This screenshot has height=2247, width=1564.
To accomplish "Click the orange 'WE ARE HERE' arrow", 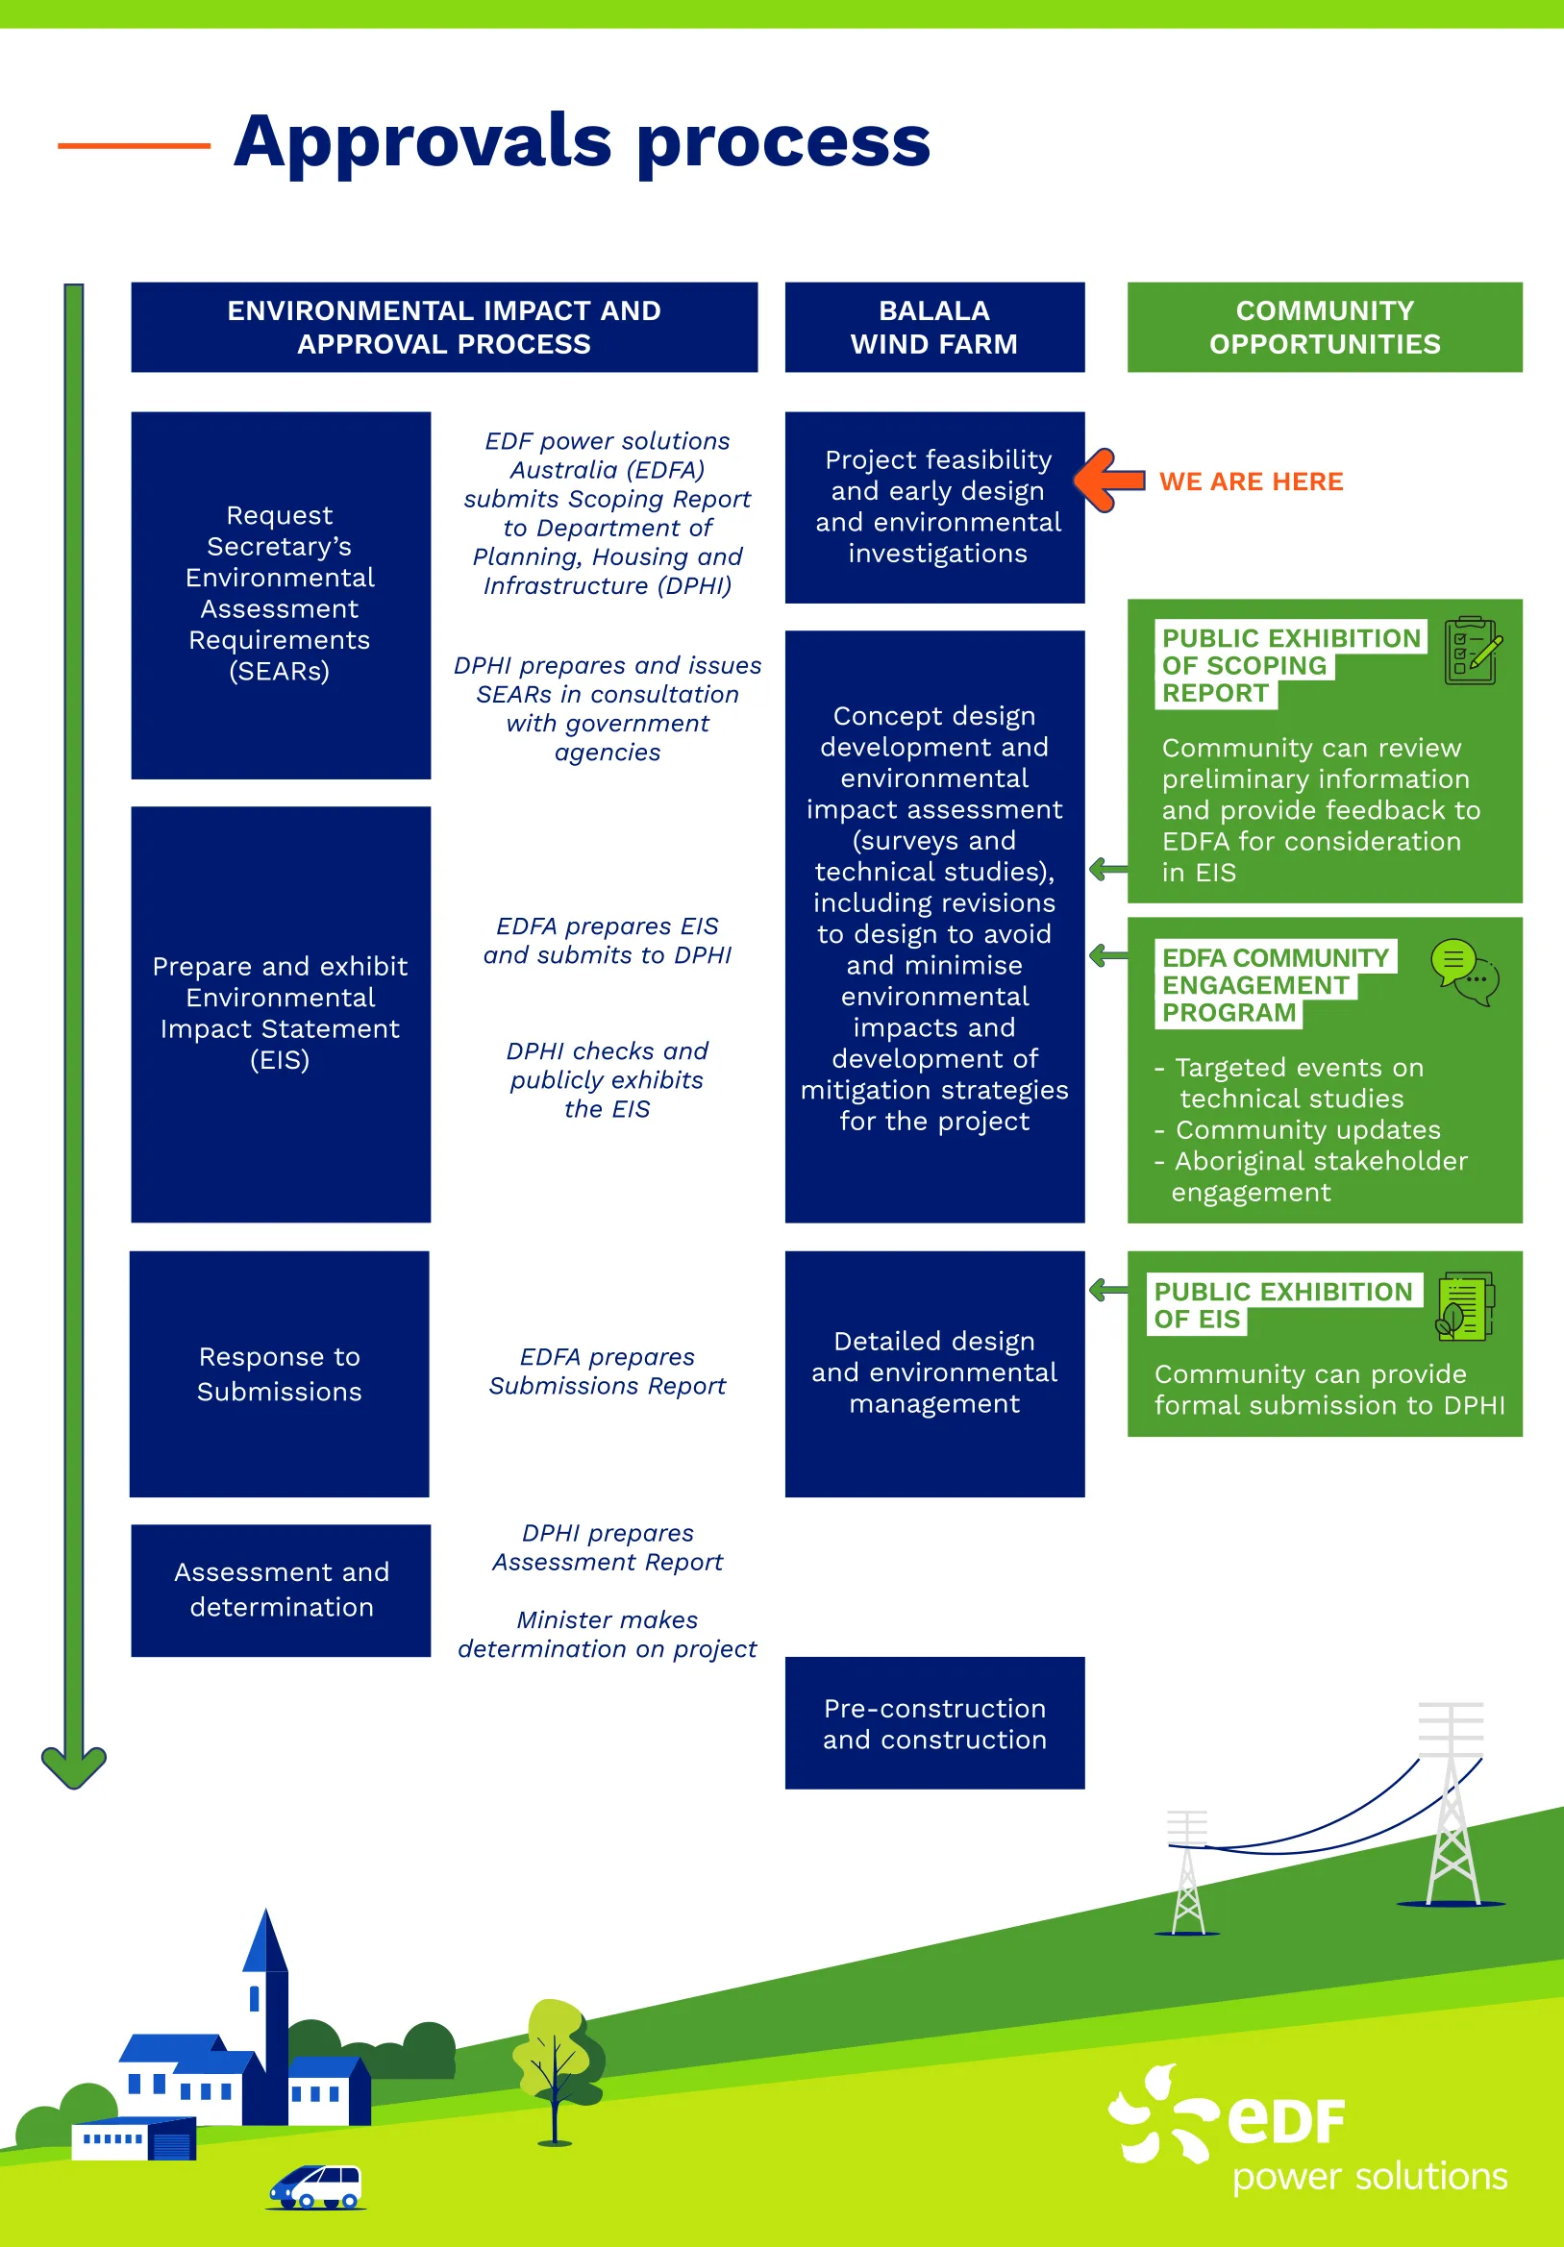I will coord(1108,481).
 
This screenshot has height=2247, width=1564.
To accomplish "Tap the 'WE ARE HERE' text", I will coord(1251,481).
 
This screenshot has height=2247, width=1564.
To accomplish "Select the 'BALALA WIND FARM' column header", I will coord(933,327).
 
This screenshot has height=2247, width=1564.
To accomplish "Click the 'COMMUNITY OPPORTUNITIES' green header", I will coord(1325,327).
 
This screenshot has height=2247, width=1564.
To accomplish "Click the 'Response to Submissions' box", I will coord(279,1373).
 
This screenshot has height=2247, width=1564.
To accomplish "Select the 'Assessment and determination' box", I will coord(281,1590).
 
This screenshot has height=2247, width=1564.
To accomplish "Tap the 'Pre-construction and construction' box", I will coord(933,1722).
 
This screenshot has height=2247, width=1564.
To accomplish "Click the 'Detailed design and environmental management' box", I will coord(933,1372).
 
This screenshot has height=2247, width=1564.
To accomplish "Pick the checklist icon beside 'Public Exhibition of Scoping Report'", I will coord(1472,651).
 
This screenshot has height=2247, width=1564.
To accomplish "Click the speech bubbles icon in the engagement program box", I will coord(1464,972).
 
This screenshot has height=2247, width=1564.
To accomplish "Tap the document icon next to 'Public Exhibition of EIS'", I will coord(1464,1305).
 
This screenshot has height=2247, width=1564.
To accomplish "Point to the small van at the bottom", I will coord(316,2186).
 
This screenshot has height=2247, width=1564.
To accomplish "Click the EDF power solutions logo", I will coord(1307,2131).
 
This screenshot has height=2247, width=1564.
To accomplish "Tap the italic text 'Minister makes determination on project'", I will coord(607,1634).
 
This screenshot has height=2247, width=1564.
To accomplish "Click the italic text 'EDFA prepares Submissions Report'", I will coord(607,1371).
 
